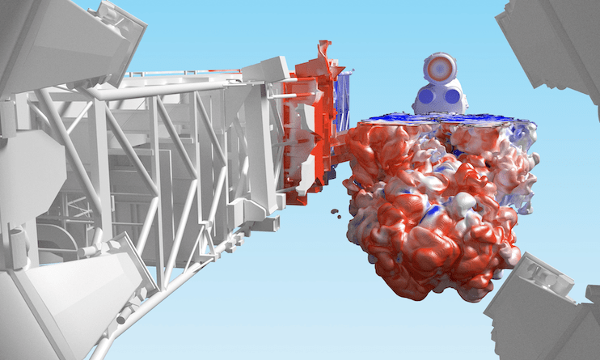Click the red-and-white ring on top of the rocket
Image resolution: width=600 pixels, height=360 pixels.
click(x=440, y=67)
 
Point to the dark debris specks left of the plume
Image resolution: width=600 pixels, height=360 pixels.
click(x=334, y=213)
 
